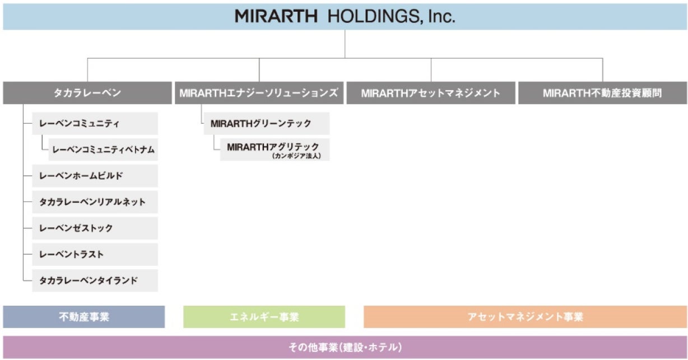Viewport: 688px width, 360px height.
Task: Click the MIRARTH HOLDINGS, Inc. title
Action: click(x=345, y=16)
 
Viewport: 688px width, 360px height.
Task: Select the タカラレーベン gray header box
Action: click(x=87, y=93)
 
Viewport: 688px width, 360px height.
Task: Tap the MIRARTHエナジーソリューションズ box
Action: click(x=259, y=93)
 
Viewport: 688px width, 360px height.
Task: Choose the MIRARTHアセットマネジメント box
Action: click(x=430, y=93)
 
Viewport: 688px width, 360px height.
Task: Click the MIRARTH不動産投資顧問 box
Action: click(x=602, y=93)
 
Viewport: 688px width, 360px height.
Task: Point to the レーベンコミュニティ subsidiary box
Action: click(x=95, y=123)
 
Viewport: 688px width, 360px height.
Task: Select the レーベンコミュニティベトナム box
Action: click(x=103, y=149)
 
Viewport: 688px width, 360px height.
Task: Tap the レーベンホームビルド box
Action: click(x=95, y=176)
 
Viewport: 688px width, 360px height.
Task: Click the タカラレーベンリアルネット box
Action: click(x=95, y=202)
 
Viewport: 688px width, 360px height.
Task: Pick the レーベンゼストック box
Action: click(x=95, y=228)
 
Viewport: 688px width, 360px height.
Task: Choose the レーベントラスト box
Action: click(x=95, y=254)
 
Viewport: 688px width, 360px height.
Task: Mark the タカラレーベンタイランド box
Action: click(x=95, y=280)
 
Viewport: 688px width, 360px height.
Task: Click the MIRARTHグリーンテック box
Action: click(x=267, y=123)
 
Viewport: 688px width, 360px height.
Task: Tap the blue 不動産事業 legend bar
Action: click(x=84, y=317)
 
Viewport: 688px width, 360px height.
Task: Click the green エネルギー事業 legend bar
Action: click(x=264, y=317)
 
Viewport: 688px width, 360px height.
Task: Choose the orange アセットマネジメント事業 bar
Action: click(x=525, y=317)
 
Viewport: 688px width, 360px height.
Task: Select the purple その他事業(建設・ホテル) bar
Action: click(x=345, y=347)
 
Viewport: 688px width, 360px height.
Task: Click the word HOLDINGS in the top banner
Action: click(x=372, y=16)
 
